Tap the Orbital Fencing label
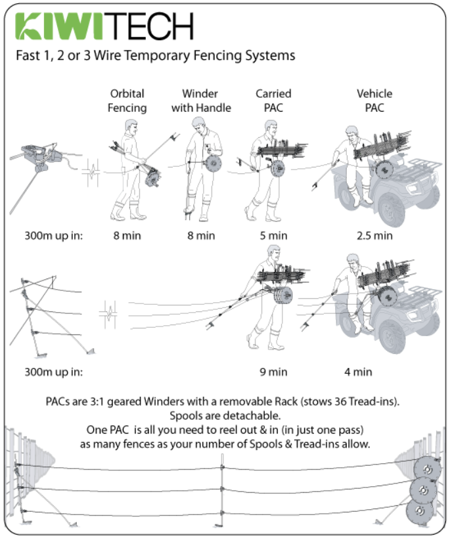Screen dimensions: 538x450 127,101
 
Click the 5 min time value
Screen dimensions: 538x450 273,235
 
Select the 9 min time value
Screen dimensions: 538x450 273,372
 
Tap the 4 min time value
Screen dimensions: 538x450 358,372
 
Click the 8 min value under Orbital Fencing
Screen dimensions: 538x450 127,235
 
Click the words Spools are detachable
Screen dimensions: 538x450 225,416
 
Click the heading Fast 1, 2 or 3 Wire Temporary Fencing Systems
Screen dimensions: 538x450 155,55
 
